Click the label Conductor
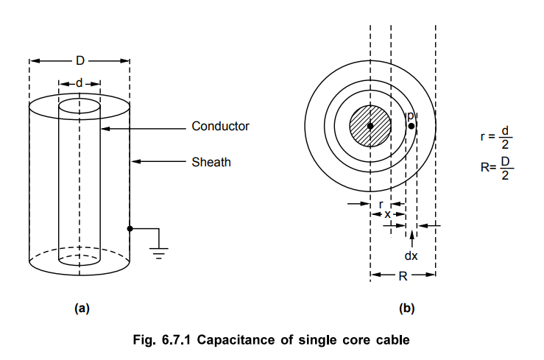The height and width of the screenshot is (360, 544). pyautogui.click(x=220, y=126)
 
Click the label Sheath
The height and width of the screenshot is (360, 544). pyautogui.click(x=211, y=162)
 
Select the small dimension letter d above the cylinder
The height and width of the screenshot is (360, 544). pyautogui.click(x=80, y=83)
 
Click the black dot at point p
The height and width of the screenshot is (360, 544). pyautogui.click(x=411, y=126)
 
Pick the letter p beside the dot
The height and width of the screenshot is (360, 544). pyautogui.click(x=411, y=116)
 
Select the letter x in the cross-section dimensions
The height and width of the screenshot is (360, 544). pyautogui.click(x=388, y=214)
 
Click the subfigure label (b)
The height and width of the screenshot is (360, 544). pyautogui.click(x=406, y=309)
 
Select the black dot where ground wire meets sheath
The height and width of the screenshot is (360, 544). pyautogui.click(x=130, y=229)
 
